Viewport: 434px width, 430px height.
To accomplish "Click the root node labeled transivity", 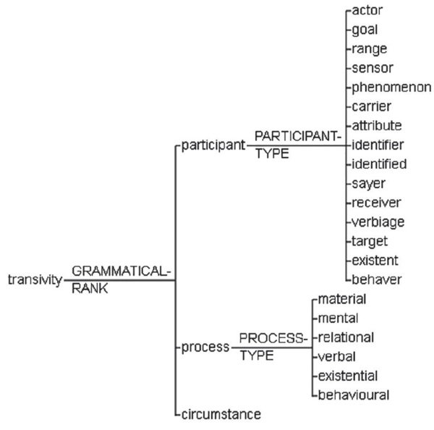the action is tap(34, 280).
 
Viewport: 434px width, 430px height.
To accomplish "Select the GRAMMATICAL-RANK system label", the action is tap(121, 279).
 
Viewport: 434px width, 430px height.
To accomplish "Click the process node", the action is tap(205, 347).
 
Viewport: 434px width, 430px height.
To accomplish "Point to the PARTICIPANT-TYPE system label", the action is tap(297, 144).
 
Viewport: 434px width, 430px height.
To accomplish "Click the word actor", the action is tap(367, 11).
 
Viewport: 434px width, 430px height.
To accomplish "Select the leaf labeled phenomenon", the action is tap(391, 88).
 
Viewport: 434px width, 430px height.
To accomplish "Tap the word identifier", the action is tap(378, 145).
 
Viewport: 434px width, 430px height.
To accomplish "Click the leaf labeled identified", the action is tap(380, 164).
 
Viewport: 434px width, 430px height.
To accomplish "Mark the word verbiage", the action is tap(379, 222).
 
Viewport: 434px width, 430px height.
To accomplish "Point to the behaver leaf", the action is tap(376, 279).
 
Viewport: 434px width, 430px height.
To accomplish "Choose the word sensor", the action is tap(373, 69).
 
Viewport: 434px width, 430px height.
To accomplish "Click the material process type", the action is tap(342, 299).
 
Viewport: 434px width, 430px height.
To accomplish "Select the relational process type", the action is tap(346, 337).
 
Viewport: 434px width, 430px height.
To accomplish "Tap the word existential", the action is tap(348, 376).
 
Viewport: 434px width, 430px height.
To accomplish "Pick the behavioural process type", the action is tap(354, 395).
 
